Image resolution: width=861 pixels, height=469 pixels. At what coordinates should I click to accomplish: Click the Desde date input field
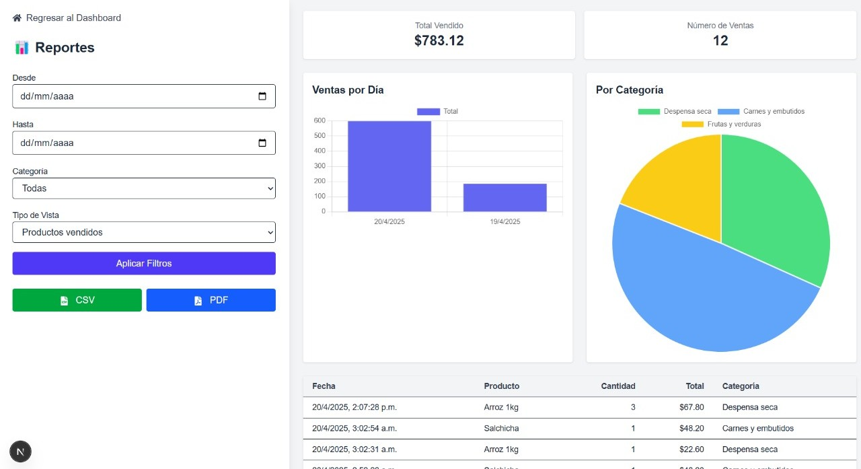click(135, 96)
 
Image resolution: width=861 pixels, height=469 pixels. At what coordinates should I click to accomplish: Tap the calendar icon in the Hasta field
click(262, 143)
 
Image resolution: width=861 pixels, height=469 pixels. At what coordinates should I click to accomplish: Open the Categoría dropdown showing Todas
click(144, 188)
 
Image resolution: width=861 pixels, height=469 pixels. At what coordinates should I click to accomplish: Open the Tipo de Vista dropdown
click(144, 232)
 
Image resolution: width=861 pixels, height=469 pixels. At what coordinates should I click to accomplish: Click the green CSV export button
click(77, 300)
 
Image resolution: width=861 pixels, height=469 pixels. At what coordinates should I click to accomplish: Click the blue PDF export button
click(211, 300)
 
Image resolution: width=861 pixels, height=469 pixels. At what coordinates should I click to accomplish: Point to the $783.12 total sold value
click(439, 40)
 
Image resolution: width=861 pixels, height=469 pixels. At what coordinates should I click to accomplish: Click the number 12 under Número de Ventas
click(720, 40)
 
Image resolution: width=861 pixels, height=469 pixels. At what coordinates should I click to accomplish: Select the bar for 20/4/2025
click(389, 166)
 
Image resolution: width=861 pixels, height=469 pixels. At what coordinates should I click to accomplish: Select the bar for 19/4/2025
click(504, 197)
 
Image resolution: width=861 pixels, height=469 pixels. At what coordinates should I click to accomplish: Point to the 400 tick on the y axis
click(320, 151)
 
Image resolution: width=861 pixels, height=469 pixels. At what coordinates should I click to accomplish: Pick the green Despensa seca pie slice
click(774, 209)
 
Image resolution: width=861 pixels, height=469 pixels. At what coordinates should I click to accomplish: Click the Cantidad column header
click(617, 386)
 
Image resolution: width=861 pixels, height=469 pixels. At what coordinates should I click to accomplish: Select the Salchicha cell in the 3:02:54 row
click(501, 428)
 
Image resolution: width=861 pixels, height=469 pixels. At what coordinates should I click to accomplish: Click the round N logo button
click(20, 452)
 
